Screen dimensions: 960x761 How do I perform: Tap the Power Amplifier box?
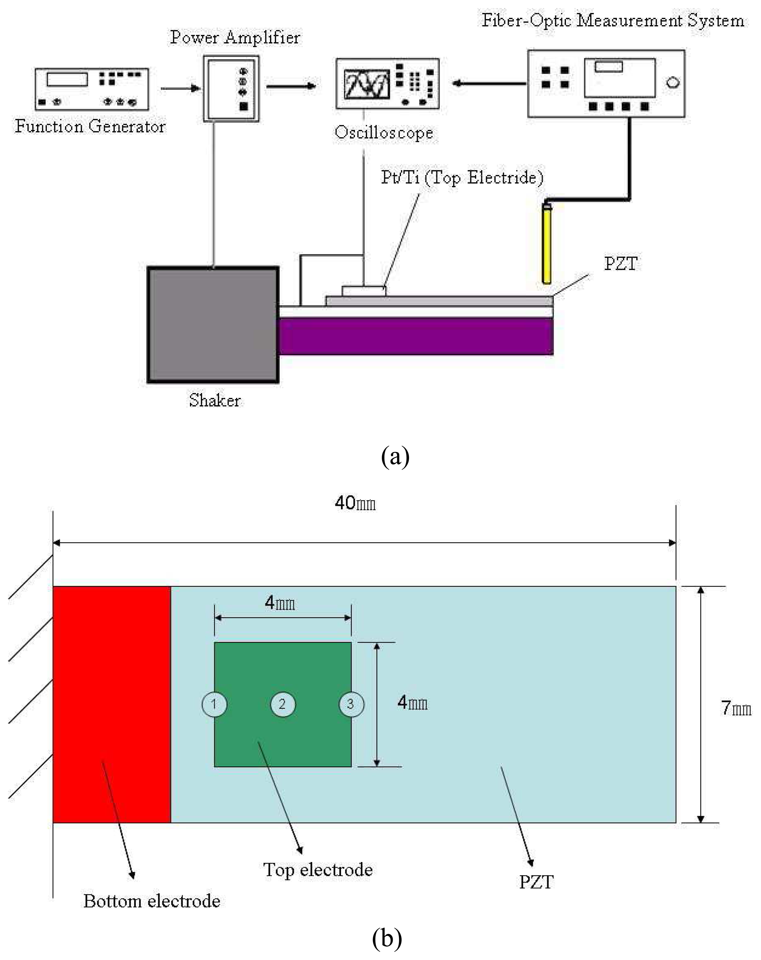231,89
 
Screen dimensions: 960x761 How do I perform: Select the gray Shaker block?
213,325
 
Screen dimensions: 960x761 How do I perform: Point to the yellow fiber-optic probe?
547,245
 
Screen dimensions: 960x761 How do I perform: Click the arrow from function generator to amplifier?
180,89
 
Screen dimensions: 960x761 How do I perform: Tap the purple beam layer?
416,336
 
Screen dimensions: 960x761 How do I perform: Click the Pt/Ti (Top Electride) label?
462,178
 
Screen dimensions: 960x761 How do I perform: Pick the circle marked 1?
214,704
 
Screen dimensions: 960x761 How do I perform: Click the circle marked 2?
283,704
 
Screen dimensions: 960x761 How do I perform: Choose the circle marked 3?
351,704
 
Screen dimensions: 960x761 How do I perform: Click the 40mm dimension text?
355,504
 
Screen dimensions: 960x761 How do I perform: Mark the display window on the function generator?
67,79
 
